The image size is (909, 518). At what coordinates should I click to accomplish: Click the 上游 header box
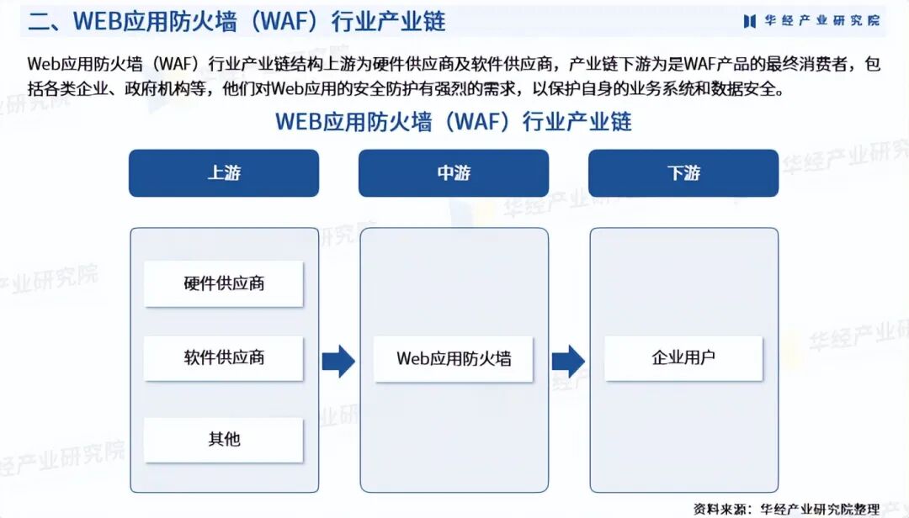pos(223,173)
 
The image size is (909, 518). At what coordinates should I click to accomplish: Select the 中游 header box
pos(454,173)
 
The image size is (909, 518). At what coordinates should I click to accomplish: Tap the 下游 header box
pos(683,173)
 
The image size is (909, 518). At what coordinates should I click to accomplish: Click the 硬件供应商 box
pos(223,283)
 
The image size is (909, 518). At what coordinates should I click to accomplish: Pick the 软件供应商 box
pos(223,357)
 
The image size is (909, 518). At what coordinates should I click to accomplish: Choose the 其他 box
pos(223,439)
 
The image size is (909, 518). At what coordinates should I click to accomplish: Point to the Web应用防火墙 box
pos(454,358)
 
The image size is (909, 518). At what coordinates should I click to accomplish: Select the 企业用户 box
pos(683,357)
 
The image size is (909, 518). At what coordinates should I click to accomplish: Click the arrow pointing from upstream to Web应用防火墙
pos(338,361)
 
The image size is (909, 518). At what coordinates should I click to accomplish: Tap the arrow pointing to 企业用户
pos(568,361)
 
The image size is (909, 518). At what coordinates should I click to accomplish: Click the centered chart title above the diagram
pos(454,122)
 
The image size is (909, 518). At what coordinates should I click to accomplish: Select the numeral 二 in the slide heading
pos(39,21)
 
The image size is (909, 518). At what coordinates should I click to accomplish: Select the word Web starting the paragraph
pos(43,64)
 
